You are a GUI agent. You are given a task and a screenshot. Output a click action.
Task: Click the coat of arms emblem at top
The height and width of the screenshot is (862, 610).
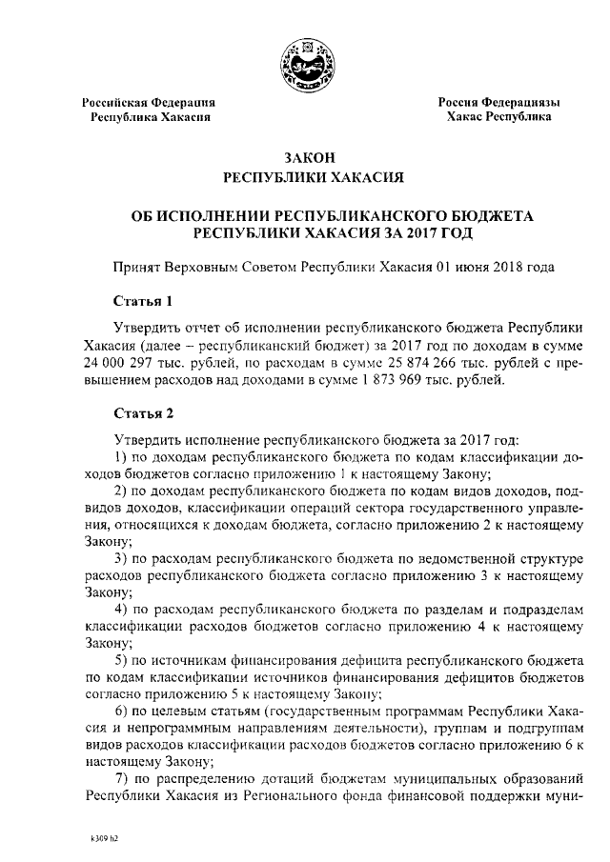pos(304,61)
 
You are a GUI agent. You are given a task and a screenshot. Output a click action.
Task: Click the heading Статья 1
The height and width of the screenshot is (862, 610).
pos(143,303)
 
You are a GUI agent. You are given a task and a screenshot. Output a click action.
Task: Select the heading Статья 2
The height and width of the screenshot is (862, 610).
pos(143,413)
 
